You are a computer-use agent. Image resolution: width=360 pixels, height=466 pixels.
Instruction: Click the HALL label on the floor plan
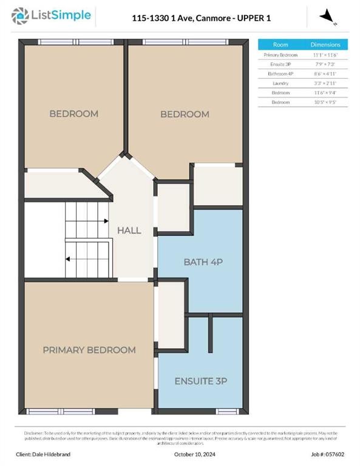click(129, 231)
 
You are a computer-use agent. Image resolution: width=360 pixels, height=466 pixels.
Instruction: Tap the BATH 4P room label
click(200, 262)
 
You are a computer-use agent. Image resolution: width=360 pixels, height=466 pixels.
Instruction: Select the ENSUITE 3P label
click(200, 381)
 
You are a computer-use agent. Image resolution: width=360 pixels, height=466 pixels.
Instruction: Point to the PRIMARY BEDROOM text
click(89, 350)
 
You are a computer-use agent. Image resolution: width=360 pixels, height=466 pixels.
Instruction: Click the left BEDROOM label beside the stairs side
click(73, 113)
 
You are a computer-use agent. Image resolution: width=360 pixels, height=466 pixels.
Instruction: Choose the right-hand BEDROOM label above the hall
click(185, 114)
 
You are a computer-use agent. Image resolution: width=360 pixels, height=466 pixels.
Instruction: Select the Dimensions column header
click(325, 45)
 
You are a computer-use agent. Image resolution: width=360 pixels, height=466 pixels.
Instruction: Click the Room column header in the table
click(280, 45)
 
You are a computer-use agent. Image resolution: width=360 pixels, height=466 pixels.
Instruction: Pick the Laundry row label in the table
click(280, 83)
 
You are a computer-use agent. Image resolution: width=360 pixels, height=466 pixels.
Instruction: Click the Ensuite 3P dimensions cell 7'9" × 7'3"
click(325, 64)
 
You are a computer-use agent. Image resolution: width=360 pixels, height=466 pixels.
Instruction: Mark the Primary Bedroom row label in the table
click(280, 55)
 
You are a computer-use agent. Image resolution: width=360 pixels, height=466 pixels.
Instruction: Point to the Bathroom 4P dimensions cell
click(325, 73)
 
